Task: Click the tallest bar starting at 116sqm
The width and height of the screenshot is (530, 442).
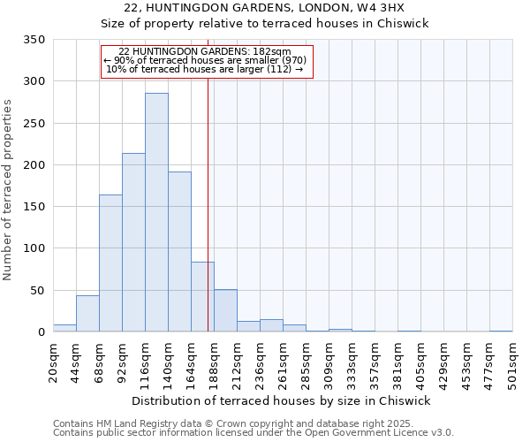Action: click(x=156, y=212)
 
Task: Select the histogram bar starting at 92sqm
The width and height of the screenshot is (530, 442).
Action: click(x=133, y=243)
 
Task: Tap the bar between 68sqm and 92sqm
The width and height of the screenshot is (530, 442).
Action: click(x=110, y=263)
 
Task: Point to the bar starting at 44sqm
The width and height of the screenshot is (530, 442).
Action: click(x=87, y=314)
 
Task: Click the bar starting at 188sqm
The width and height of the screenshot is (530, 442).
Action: click(x=225, y=311)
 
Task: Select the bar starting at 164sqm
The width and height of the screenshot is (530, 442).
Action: click(x=202, y=297)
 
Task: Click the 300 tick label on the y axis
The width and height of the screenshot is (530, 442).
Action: click(x=34, y=81)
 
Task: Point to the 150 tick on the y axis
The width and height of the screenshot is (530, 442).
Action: click(x=34, y=207)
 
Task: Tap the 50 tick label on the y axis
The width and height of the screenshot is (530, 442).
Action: click(x=37, y=291)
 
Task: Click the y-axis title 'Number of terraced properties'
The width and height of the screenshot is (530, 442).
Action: click(x=9, y=189)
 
